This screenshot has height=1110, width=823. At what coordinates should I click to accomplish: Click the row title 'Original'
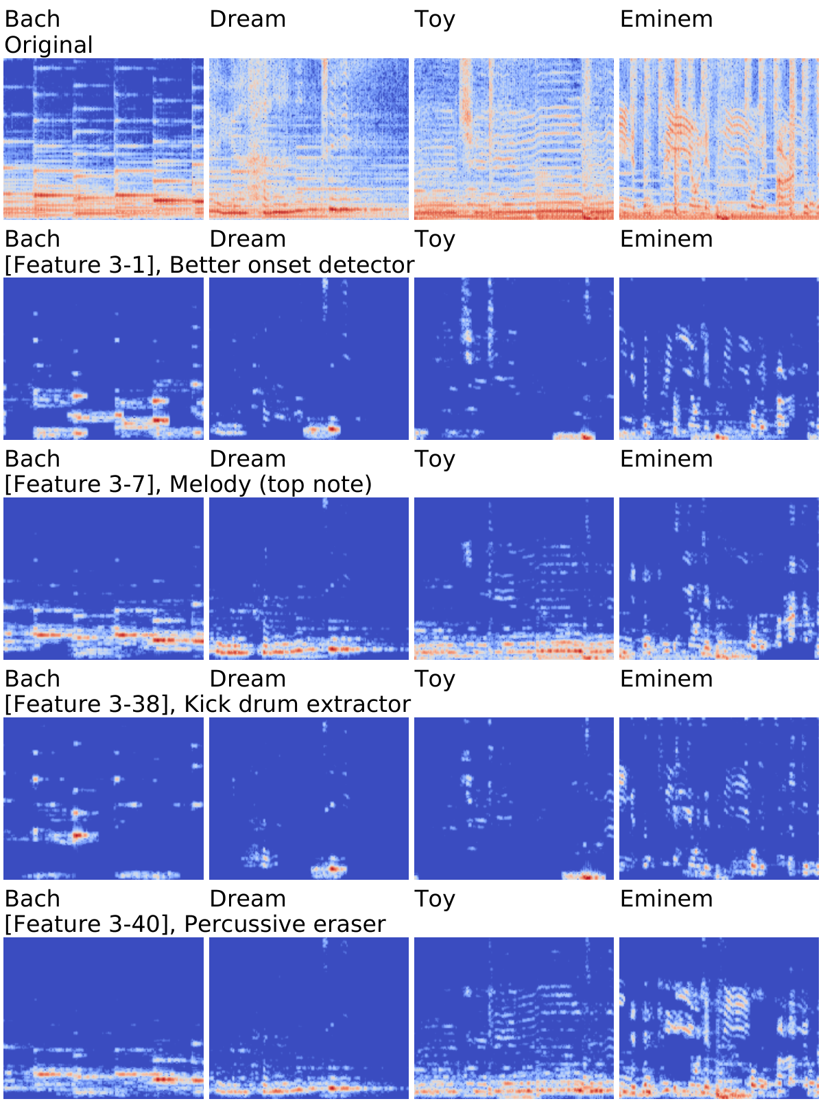click(x=49, y=45)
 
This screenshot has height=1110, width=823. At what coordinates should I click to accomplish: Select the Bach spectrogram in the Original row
click(x=104, y=139)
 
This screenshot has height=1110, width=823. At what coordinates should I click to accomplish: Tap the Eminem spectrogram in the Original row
click(x=719, y=139)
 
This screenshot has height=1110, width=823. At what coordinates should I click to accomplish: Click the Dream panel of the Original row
click(x=309, y=139)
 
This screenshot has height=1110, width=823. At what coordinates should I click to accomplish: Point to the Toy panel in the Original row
click(x=514, y=139)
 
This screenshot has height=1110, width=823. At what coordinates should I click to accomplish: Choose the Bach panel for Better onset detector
click(x=104, y=359)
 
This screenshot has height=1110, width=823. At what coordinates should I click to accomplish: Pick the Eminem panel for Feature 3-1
click(x=719, y=359)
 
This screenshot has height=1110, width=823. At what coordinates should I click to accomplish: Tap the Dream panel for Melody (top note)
click(x=309, y=578)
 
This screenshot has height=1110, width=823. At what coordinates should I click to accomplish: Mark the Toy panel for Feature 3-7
click(x=514, y=578)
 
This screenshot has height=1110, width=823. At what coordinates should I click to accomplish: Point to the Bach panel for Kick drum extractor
click(x=104, y=799)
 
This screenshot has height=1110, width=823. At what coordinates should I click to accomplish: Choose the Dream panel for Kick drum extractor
click(x=309, y=799)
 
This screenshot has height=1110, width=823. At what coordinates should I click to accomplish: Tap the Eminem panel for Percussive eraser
click(x=719, y=1018)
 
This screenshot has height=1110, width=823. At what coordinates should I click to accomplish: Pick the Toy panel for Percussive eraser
click(x=514, y=1018)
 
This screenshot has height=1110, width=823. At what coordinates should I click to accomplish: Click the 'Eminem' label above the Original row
click(x=666, y=19)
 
